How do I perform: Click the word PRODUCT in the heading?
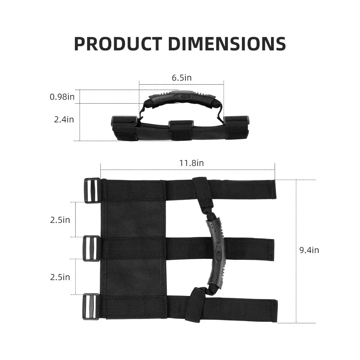pos(118,44)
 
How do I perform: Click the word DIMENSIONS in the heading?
pos(227,44)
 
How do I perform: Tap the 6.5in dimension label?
pos(181,78)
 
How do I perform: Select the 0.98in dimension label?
pos(62,96)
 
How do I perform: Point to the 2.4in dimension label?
pos(64,120)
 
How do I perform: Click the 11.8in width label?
pos(192,163)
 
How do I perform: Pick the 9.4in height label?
pos(309,250)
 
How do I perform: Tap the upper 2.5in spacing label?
pos(60,220)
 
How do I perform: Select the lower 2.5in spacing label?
pos(60,277)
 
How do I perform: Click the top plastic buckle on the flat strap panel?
pos(92,190)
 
